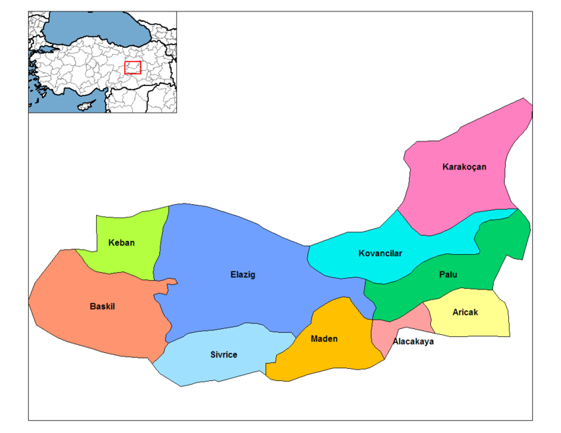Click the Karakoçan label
[464, 167]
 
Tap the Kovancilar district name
[380, 253]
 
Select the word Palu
[447, 275]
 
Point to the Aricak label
[464, 312]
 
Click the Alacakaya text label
[414, 341]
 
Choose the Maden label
[324, 338]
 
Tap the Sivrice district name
[223, 354]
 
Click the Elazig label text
[242, 275]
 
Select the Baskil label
[102, 306]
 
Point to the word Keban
[121, 242]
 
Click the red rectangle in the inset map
[132, 67]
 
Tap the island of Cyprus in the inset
[87, 105]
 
